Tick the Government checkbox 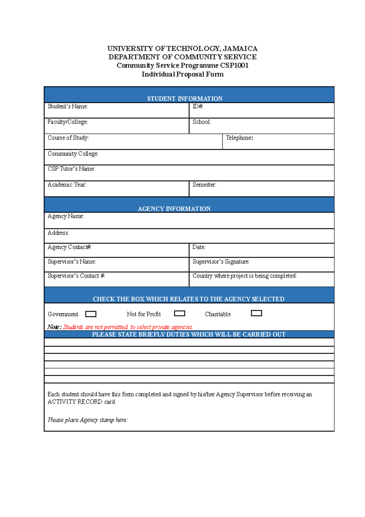[91, 314]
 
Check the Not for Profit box [179, 313]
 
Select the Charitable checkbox [256, 313]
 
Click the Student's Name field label [68, 106]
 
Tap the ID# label [198, 106]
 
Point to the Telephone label [239, 138]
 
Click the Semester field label [204, 185]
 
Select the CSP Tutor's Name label [71, 169]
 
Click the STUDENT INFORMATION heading [185, 99]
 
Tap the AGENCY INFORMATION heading [174, 209]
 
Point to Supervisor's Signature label [221, 262]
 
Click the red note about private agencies [128, 327]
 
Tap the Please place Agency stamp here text [88, 420]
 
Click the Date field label [199, 247]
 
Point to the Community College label [73, 154]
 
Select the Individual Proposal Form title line [182, 74]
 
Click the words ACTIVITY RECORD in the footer [75, 402]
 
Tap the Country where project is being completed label [245, 276]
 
